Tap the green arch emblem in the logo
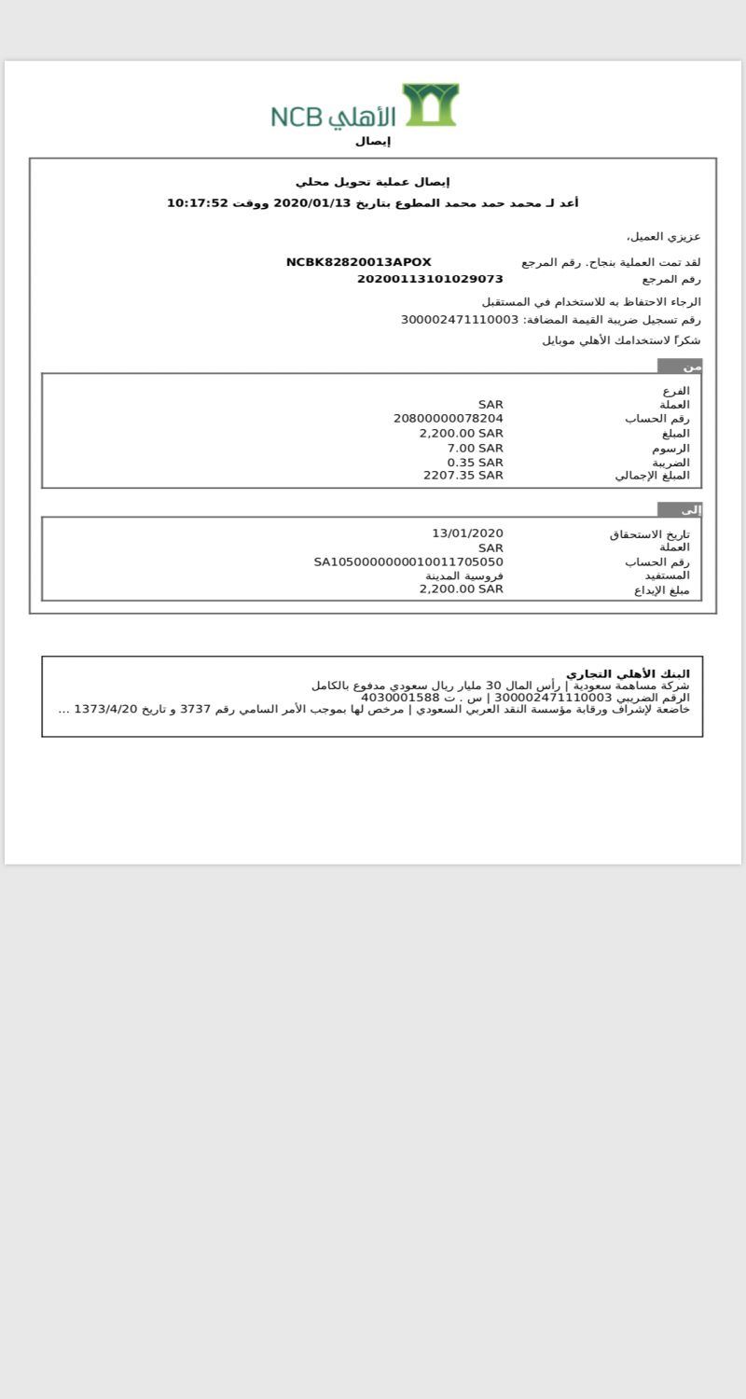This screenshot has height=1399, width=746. tap(430, 104)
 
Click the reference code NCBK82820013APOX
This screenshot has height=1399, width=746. tap(358, 262)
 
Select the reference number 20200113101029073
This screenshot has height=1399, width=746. tap(430, 279)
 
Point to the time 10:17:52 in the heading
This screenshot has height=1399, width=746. tap(197, 203)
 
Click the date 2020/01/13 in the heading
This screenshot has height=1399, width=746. tap(311, 203)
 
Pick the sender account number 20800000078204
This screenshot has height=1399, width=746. tap(449, 419)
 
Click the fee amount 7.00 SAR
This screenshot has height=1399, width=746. tap(475, 448)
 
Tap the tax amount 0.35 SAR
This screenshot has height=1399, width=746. tap(475, 462)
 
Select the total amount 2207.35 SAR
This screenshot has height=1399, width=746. tap(463, 475)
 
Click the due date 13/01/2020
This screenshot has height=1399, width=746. tap(467, 533)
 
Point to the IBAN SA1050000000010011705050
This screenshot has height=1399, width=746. tap(408, 561)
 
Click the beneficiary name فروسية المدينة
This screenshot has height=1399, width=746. tap(464, 575)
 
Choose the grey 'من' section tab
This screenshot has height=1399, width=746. tap(680, 367)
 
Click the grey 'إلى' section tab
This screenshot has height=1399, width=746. tap(680, 510)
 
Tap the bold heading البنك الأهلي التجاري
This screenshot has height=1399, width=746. tap(628, 673)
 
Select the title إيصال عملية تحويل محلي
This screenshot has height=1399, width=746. tap(373, 182)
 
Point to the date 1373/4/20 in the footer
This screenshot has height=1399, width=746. tap(105, 709)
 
